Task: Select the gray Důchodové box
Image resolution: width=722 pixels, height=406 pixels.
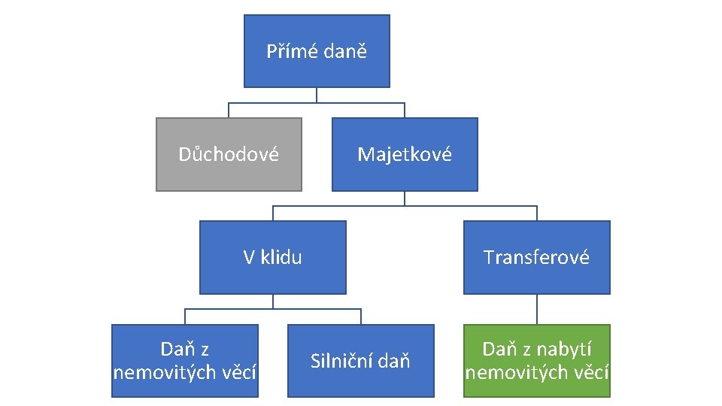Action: tap(229, 154)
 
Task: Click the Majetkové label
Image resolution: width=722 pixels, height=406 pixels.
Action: tap(405, 155)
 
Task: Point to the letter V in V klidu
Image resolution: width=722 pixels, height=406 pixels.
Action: tap(249, 258)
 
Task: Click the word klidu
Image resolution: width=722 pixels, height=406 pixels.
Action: tap(281, 258)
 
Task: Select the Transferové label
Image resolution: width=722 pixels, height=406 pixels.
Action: tap(536, 258)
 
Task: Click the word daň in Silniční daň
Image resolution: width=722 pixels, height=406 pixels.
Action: tap(394, 362)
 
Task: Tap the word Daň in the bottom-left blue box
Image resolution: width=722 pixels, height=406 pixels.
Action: tap(176, 350)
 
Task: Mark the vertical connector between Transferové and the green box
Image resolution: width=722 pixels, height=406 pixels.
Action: tap(536, 309)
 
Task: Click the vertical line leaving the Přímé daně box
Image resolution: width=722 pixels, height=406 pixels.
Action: tap(317, 94)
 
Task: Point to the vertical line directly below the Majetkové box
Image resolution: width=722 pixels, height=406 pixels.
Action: tap(405, 198)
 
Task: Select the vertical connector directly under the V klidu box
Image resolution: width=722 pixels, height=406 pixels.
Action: tap(273, 301)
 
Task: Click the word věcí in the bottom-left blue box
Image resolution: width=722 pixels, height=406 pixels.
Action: tap(238, 372)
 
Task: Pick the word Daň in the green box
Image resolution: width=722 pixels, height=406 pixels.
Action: tap(498, 350)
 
